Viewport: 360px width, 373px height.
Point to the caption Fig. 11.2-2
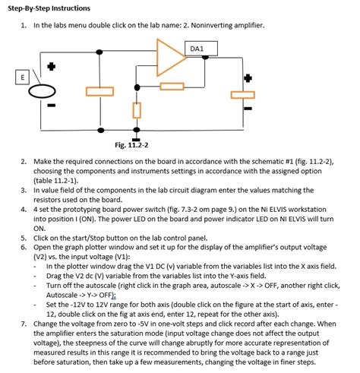pos(131,144)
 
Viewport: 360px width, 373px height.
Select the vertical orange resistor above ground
pos(137,111)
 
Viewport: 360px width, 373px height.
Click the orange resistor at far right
pos(243,94)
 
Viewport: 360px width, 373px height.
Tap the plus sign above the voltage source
pos(51,67)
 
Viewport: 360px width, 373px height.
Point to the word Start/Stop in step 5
pos(84,237)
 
